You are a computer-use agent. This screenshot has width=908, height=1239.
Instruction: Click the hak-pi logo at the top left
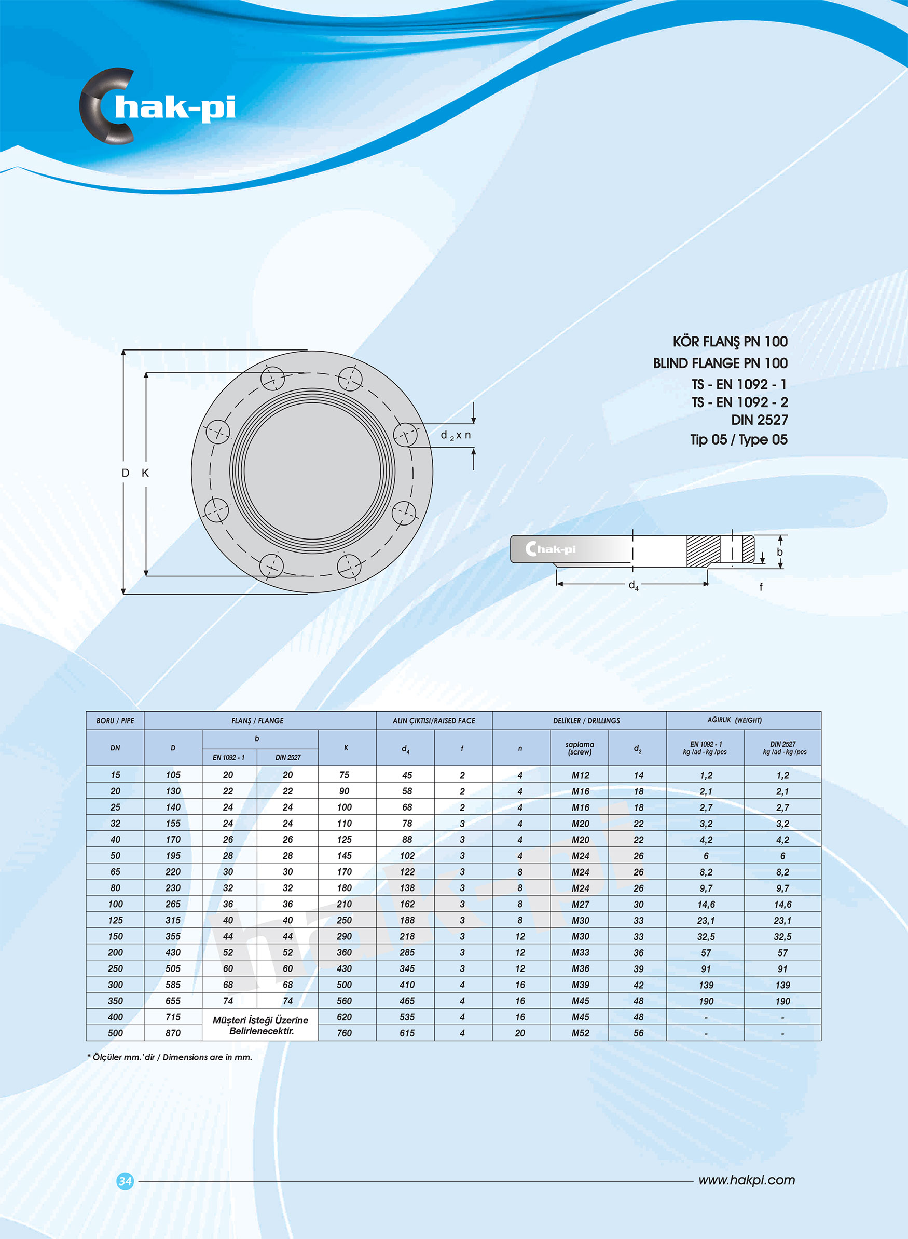click(x=157, y=106)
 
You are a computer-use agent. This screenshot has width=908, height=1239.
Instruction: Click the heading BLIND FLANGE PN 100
click(x=720, y=363)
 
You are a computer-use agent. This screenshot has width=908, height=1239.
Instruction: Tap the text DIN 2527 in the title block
click(x=759, y=420)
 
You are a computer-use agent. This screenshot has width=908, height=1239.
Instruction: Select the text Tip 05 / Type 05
click(x=739, y=439)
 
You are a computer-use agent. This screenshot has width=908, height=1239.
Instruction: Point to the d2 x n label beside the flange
click(x=456, y=436)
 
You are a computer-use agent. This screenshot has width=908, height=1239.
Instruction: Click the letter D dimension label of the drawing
click(x=126, y=473)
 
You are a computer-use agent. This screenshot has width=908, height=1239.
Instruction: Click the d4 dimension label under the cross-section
click(x=633, y=585)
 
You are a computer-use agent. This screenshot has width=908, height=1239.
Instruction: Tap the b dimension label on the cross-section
click(x=779, y=551)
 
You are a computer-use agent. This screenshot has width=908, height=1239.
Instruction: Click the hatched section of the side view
click(x=703, y=551)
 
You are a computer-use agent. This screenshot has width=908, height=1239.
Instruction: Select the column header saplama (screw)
click(x=580, y=748)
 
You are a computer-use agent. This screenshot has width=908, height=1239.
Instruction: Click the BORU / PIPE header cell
click(x=115, y=720)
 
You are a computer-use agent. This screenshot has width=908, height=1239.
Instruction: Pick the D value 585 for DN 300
click(x=173, y=985)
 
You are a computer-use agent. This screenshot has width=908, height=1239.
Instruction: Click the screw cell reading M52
click(x=580, y=1033)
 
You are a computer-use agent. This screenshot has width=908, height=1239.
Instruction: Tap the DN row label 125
click(x=115, y=920)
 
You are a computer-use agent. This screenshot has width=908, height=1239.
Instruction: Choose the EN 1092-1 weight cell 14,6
click(x=706, y=904)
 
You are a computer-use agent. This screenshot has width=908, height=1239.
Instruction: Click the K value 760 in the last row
click(x=344, y=1033)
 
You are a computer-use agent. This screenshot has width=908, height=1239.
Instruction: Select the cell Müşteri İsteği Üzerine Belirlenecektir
click(x=260, y=1025)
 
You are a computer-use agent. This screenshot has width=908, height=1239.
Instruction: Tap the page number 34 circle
click(x=126, y=1180)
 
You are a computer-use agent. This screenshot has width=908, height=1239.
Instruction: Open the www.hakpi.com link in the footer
click(x=747, y=1180)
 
